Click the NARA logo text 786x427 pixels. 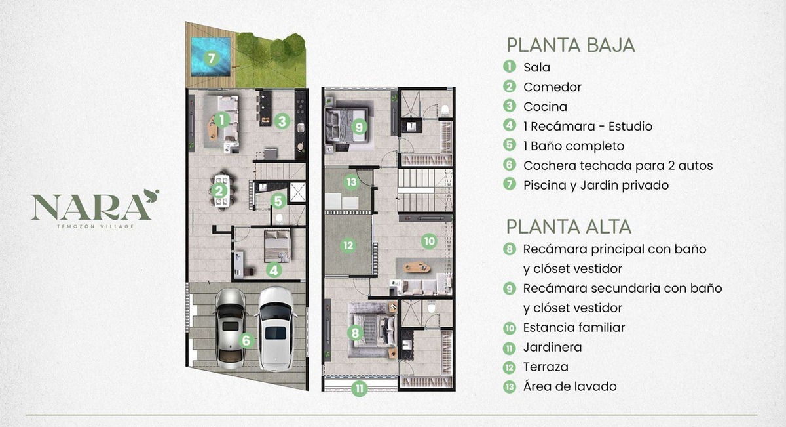92,207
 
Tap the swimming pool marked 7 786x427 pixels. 210,56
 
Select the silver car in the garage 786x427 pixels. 230,329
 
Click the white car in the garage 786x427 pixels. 276,329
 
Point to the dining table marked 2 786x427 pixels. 222,192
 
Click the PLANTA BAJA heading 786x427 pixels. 571,45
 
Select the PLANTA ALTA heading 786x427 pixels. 569,227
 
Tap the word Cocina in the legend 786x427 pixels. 545,106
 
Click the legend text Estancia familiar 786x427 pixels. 574,327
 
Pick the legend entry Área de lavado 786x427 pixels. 570,386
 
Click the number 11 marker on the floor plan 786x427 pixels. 360,388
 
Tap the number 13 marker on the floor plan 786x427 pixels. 351,182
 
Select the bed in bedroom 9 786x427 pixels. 347,125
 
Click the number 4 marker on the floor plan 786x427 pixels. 274,270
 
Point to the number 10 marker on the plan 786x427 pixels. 429,241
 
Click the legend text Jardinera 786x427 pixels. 552,347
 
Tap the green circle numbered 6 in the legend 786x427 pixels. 509,165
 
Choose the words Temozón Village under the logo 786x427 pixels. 96,227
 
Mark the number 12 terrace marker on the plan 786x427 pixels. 348,245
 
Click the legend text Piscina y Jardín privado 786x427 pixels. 596,185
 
